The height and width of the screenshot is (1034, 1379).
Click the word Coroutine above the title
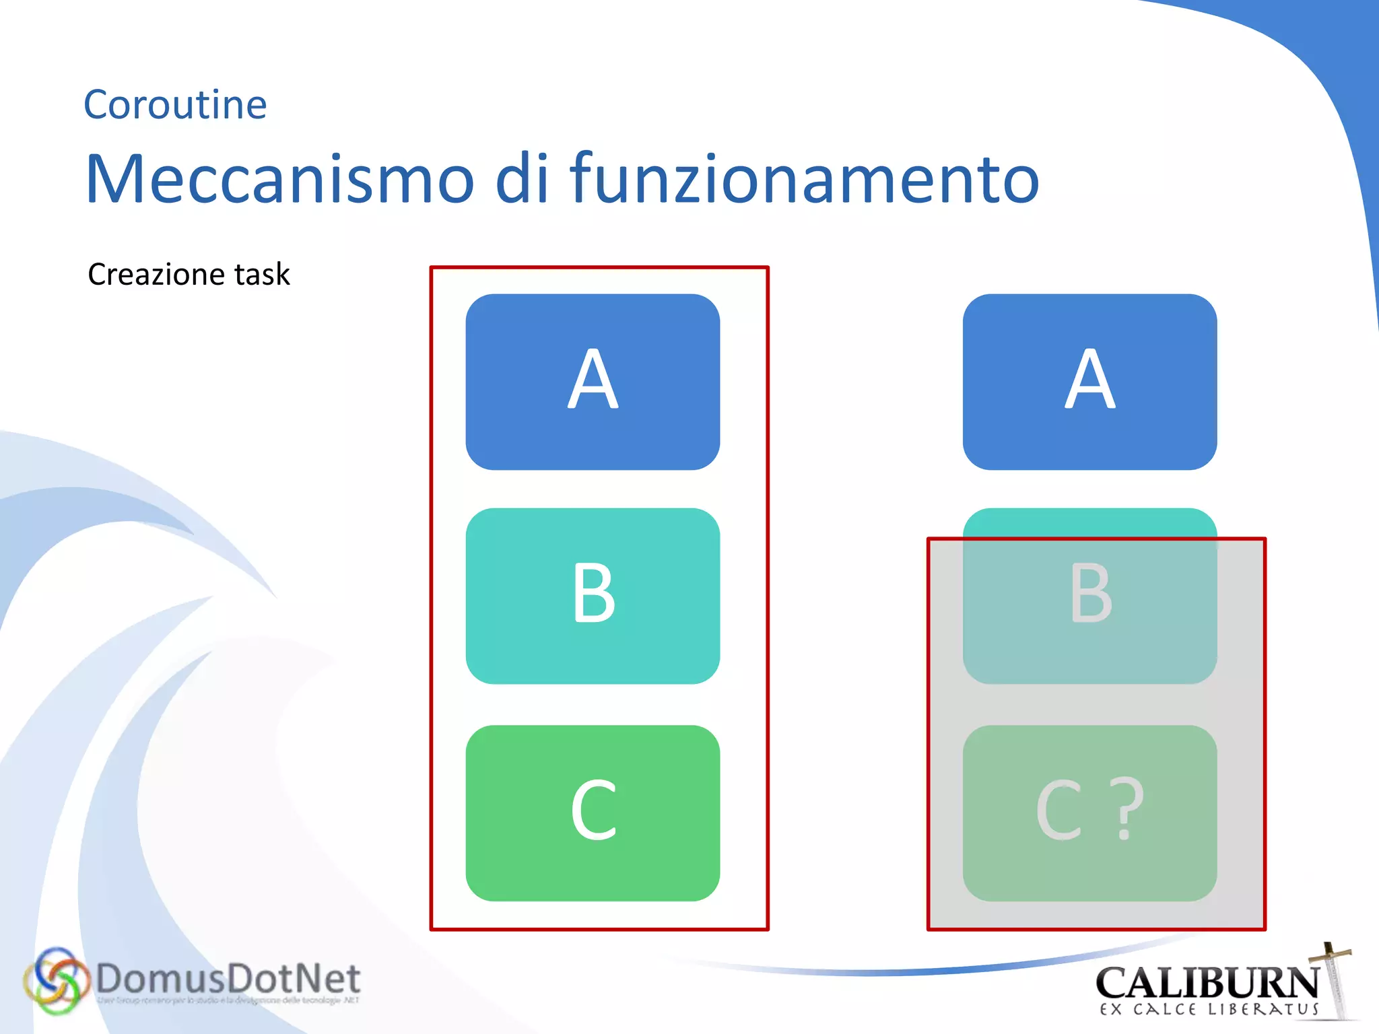tap(175, 105)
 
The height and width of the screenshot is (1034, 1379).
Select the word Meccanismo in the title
tap(280, 179)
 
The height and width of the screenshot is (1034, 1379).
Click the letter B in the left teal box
tap(593, 593)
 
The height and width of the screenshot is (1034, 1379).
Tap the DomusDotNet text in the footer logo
tap(228, 979)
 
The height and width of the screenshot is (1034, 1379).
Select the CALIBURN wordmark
tap(1207, 984)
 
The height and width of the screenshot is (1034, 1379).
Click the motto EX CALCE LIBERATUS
tap(1209, 1010)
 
